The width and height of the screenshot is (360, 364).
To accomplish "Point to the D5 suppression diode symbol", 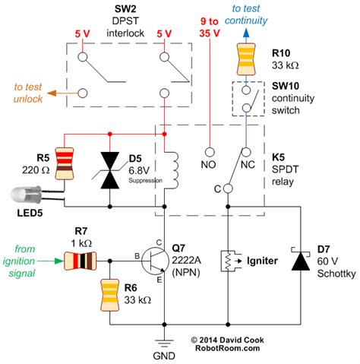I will coord(110,169).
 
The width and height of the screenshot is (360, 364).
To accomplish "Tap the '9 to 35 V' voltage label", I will coord(207,28).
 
